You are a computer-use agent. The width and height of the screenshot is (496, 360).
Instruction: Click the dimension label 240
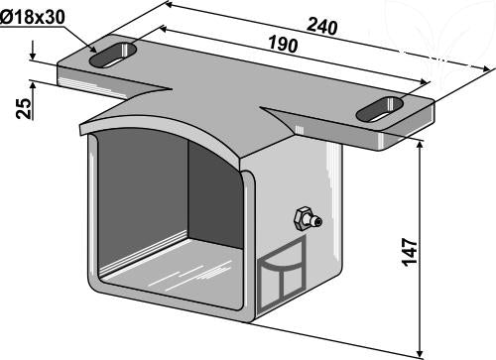click(x=322, y=26)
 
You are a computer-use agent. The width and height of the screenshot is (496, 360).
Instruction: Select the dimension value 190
click(x=283, y=45)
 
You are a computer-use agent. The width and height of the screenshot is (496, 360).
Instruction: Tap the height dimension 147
click(x=410, y=252)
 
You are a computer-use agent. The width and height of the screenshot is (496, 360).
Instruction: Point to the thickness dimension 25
click(x=24, y=108)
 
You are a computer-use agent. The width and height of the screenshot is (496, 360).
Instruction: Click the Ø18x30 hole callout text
click(x=33, y=17)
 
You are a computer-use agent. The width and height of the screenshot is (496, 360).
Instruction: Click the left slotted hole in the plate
click(x=113, y=56)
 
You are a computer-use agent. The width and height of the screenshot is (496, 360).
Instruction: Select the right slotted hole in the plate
click(x=380, y=109)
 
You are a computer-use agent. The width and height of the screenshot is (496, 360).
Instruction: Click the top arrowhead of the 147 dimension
click(x=421, y=145)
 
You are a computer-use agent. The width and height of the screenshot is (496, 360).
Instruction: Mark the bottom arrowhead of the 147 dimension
click(x=421, y=351)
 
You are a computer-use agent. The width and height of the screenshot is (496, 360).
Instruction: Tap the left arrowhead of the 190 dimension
click(x=165, y=29)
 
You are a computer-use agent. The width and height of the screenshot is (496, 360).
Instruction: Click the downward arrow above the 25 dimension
click(x=33, y=51)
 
